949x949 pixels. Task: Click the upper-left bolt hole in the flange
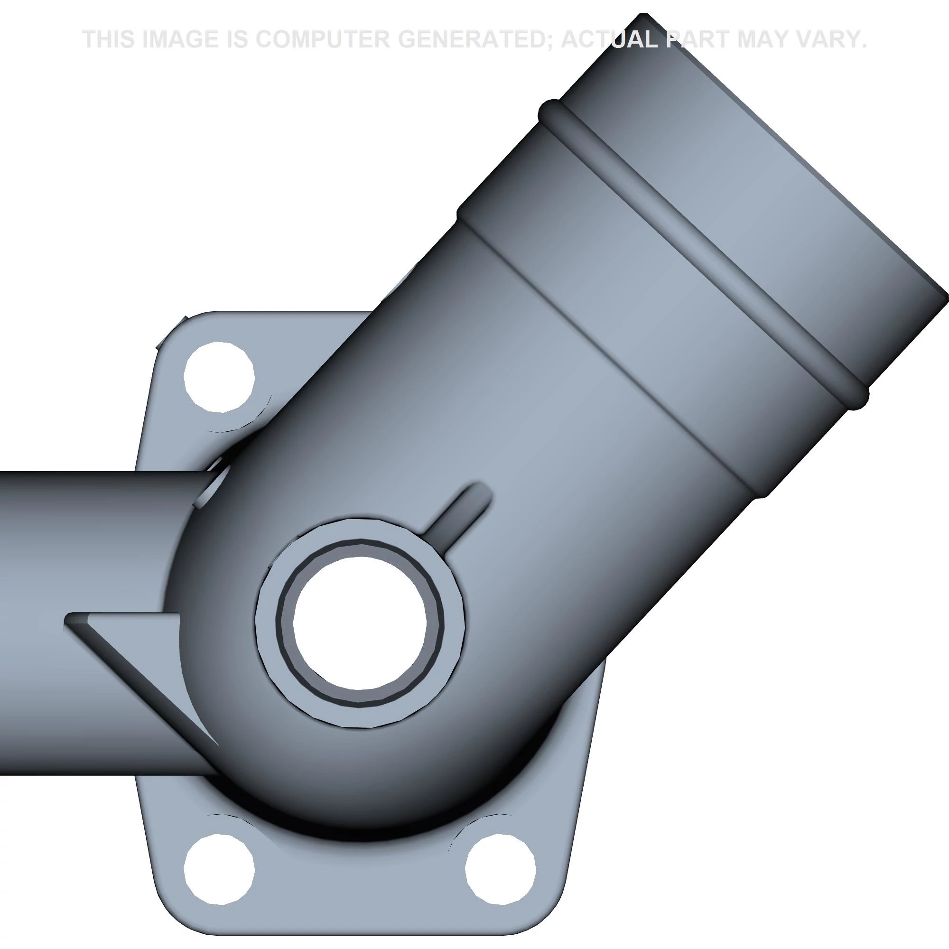pos(219,377)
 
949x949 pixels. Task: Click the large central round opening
pos(360,623)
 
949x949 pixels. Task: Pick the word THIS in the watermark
pos(109,39)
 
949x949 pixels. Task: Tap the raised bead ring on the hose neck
pos(702,251)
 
